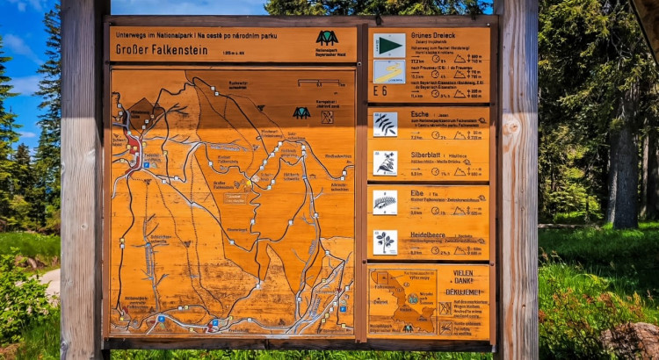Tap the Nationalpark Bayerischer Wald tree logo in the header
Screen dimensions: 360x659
[327, 38]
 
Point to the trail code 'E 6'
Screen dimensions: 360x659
[380, 90]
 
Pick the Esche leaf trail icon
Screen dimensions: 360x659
[385, 124]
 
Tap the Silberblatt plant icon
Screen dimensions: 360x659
[385, 162]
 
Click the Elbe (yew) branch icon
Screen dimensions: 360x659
[385, 203]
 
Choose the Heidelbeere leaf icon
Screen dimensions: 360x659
[385, 241]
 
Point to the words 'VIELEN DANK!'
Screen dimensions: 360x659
[463, 277]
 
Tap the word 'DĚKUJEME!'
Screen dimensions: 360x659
[463, 292]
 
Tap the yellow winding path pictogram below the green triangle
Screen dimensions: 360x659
[389, 71]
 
